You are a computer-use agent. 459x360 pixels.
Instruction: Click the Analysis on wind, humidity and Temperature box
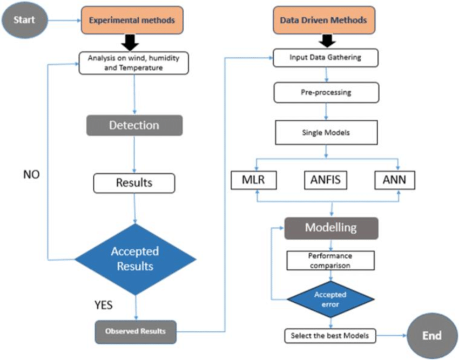(133, 62)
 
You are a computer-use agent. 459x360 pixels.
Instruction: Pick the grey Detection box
(134, 125)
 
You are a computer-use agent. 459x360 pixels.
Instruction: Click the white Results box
(134, 182)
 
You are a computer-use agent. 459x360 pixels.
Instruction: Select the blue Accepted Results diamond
(134, 259)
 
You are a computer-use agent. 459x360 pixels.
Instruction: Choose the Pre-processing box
(326, 92)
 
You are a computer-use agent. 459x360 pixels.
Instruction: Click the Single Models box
(326, 132)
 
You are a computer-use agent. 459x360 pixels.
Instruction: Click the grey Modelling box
(330, 227)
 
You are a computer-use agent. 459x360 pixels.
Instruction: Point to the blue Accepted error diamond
(330, 299)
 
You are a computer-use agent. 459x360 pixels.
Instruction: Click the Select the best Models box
(329, 336)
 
